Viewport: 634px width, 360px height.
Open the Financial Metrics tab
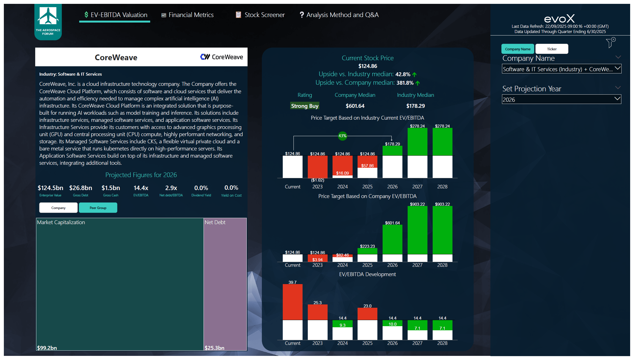point(188,15)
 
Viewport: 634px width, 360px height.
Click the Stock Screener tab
point(260,15)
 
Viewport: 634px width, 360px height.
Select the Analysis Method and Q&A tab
point(339,15)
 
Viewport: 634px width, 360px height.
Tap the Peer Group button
point(98,208)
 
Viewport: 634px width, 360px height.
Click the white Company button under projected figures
point(58,208)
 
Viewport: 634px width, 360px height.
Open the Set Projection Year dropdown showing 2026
point(561,99)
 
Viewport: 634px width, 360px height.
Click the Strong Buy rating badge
point(304,106)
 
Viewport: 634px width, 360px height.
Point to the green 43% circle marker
point(342,136)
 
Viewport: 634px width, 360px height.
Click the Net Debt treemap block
point(225,283)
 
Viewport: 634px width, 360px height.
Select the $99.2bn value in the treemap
point(47,348)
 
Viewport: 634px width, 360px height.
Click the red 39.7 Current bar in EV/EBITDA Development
point(292,302)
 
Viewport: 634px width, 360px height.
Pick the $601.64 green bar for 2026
point(392,239)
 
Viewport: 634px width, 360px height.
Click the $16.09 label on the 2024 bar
point(342,173)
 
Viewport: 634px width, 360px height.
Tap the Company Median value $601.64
point(355,106)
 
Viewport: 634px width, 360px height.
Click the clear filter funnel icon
point(610,43)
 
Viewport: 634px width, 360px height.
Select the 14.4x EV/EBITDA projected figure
point(141,188)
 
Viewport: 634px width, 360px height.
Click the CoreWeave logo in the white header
point(221,57)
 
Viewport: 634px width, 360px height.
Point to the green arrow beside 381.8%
point(418,83)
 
